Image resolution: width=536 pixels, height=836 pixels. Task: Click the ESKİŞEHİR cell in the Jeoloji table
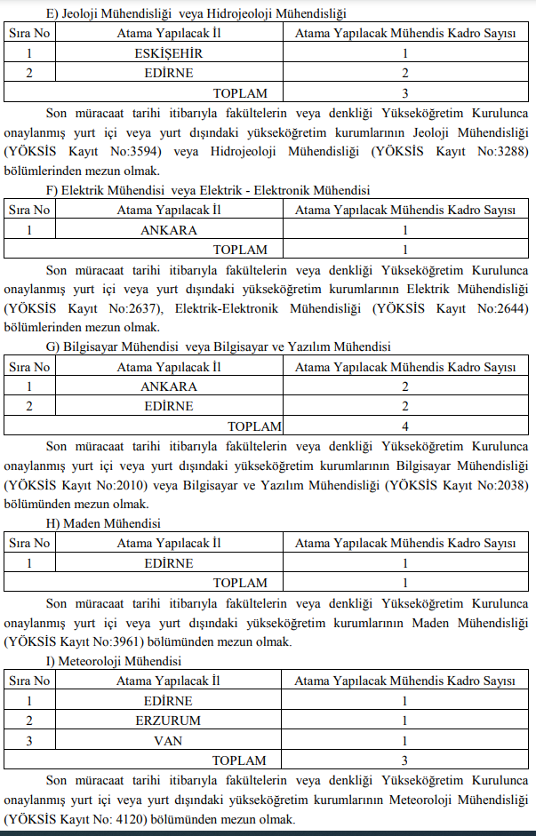168,53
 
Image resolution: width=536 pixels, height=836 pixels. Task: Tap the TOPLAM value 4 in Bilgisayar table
404,426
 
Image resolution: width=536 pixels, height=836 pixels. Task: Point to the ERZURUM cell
168,720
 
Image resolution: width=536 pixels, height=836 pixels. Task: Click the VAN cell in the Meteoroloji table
168,739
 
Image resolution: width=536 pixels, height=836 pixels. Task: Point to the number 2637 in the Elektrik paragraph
140,308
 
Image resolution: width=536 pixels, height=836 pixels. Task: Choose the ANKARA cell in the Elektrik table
168,229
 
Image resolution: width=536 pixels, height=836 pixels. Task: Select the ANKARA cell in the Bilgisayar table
168,386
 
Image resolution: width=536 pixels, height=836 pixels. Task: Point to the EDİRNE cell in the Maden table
168,563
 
